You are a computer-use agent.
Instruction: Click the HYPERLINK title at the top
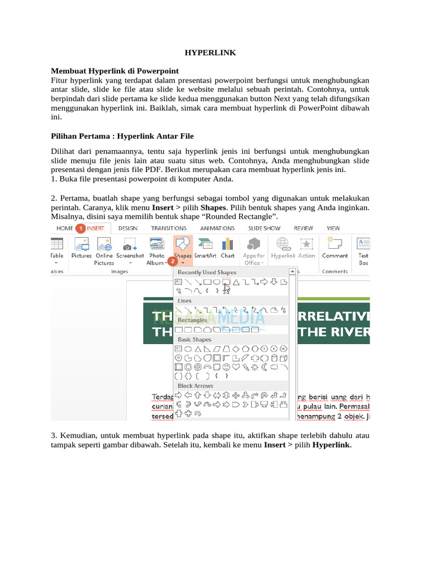pyautogui.click(x=210, y=53)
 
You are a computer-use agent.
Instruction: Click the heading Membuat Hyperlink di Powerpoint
pyautogui.click(x=115, y=71)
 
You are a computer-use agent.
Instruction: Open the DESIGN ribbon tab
pyautogui.click(x=128, y=228)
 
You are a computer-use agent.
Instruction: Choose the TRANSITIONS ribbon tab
pyautogui.click(x=168, y=228)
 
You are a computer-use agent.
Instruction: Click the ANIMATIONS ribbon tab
pyautogui.click(x=217, y=228)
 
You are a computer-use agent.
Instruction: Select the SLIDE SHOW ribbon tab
pyautogui.click(x=264, y=228)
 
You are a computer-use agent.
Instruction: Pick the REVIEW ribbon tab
pyautogui.click(x=303, y=228)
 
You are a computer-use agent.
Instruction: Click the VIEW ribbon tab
pyautogui.click(x=333, y=228)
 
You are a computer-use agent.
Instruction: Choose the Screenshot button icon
pyautogui.click(x=130, y=243)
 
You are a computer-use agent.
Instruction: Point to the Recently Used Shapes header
pyautogui.click(x=207, y=272)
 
